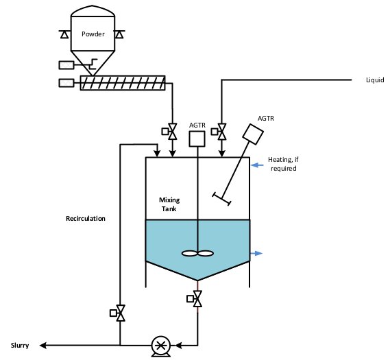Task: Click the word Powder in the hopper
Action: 93,34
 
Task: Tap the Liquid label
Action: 375,80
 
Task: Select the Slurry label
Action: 20,346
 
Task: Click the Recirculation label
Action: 85,219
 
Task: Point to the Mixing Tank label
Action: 169,204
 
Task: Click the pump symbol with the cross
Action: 161,346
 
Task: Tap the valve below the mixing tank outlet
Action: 195,298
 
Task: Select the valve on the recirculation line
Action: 118,313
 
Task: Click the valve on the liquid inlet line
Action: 219,132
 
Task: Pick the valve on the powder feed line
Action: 169,132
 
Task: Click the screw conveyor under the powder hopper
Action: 123,83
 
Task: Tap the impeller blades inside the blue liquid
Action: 197,254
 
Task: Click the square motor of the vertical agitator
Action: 197,139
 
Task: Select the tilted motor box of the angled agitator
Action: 253,134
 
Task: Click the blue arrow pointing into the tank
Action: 258,165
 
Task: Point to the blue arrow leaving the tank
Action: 256,254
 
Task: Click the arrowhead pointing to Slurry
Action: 43,346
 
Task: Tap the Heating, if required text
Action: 283,164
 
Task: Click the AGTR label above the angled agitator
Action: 266,118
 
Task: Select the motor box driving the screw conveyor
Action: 66,83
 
